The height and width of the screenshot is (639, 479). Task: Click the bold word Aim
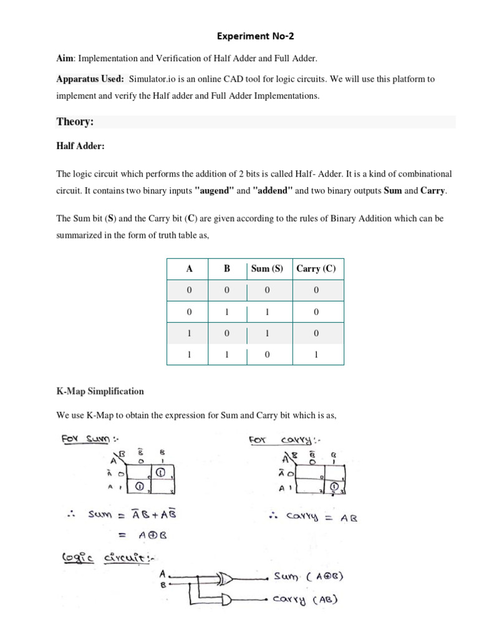(64, 58)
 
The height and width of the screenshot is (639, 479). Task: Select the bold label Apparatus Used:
(90, 79)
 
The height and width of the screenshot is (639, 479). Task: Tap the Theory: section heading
(75, 122)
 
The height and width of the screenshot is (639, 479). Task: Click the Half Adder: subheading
(80, 145)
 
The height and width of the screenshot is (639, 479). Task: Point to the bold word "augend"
(214, 190)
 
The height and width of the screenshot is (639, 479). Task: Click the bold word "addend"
(272, 190)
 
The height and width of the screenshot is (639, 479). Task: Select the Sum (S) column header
(267, 269)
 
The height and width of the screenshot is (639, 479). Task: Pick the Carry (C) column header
(316, 269)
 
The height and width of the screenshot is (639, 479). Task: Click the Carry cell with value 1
(316, 354)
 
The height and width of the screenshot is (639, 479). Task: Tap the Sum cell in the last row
(267, 354)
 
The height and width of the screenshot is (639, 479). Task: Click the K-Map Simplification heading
(100, 391)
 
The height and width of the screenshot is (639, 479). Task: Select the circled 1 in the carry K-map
(335, 486)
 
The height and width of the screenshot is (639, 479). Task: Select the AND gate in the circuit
(224, 600)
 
